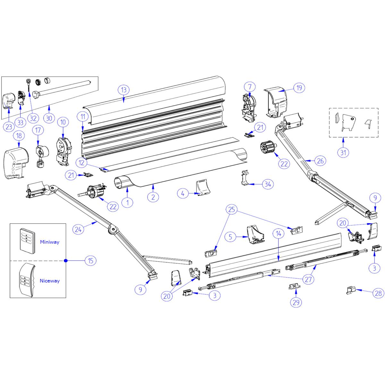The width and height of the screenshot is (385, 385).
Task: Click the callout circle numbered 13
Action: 124,90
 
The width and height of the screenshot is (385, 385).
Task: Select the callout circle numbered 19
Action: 299,88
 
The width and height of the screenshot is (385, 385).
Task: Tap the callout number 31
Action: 343,152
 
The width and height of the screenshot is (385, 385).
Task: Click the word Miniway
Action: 49,242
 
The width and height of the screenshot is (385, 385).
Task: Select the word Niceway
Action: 49,281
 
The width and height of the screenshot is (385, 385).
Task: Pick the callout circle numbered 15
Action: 90,261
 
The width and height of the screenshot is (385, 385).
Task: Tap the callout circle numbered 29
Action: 295,302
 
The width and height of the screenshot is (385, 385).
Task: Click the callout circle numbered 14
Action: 278,234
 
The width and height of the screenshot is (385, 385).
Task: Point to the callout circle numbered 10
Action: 63,122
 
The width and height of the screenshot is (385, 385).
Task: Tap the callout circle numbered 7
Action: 250,86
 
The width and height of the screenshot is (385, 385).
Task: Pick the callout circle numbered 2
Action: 153,197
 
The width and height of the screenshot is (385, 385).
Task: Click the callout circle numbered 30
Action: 49,118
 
